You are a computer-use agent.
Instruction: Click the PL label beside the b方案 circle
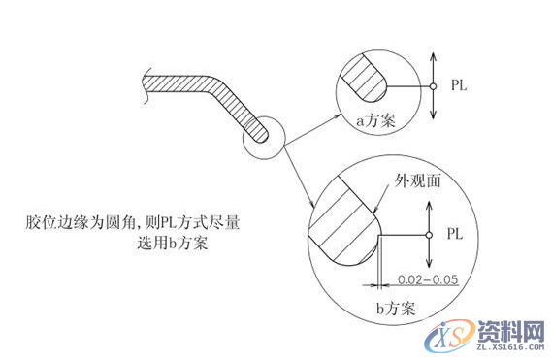coord(455,235)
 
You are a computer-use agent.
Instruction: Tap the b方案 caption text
coord(396,310)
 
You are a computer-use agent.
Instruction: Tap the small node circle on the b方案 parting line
coord(427,235)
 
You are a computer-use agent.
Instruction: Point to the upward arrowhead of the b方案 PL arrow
coord(427,207)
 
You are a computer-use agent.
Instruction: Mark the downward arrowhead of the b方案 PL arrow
coord(427,266)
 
